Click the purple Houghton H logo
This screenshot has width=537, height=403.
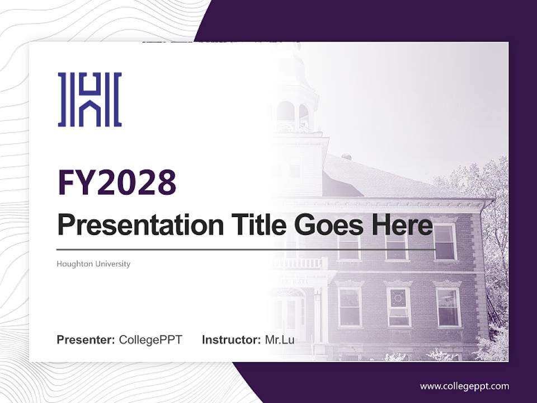(89, 99)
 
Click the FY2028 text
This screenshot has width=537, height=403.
(117, 182)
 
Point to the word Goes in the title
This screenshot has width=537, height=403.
(326, 225)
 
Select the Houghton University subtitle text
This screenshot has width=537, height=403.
(93, 264)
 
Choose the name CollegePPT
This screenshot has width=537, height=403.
(150, 340)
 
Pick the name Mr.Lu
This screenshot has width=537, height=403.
(280, 340)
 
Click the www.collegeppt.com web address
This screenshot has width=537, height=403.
(464, 386)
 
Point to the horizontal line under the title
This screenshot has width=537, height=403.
(246, 249)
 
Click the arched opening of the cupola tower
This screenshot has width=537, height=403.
(286, 111)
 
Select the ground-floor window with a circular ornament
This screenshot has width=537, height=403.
(399, 307)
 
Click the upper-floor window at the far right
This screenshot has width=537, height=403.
(445, 242)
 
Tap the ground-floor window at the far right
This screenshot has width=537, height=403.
(448, 307)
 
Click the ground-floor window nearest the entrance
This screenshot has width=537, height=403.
(350, 307)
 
